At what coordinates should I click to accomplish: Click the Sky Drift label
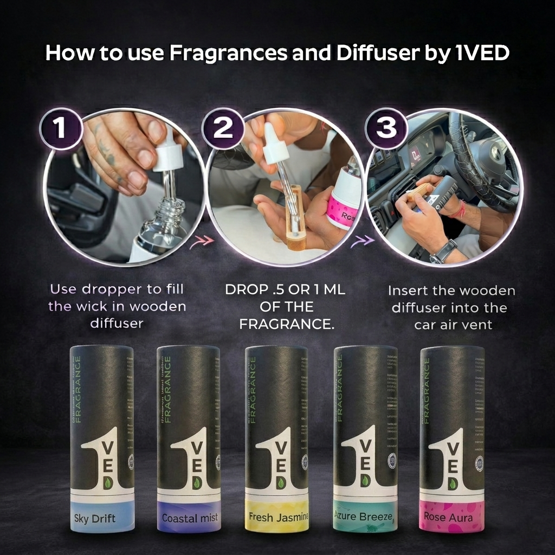pos(94,519)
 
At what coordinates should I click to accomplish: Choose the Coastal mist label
pos(189,518)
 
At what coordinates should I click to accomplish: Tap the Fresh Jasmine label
pos(277,517)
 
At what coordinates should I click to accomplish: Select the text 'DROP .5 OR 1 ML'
pos(285,290)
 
